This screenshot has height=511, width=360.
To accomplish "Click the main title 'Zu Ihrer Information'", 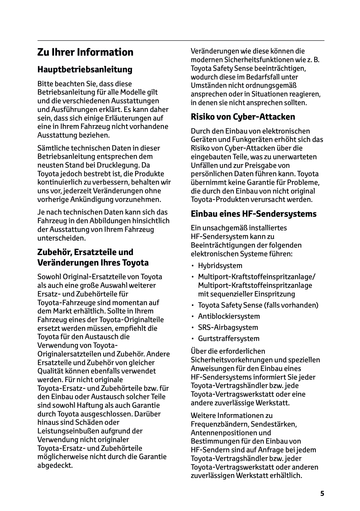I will click(x=85, y=52).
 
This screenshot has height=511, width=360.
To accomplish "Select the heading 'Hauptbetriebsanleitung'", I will click(x=85, y=70).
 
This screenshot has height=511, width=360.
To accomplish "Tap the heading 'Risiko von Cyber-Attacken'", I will click(x=243, y=117).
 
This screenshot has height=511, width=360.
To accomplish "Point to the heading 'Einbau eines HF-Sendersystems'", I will click(x=254, y=214).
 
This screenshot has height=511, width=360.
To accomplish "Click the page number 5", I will click(x=322, y=493).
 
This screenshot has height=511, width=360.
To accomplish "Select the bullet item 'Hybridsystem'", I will click(x=220, y=266).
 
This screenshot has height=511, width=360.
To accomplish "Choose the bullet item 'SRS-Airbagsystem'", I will click(x=228, y=327).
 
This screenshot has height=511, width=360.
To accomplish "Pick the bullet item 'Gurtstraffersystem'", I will click(x=229, y=339).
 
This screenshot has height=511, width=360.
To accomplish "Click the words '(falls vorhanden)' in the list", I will click(x=291, y=305).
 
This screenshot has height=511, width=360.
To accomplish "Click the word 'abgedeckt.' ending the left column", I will click(x=55, y=465).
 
